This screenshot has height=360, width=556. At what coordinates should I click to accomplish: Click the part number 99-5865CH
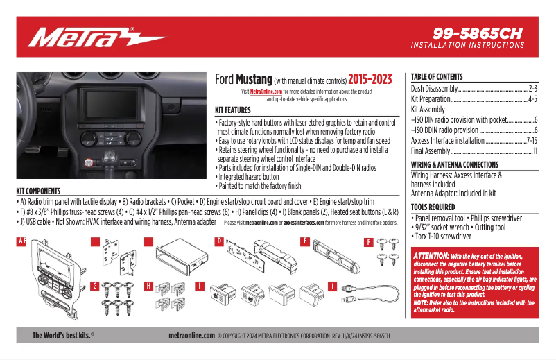pos(478,33)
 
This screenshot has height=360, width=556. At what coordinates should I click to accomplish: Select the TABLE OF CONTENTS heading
pos(437,77)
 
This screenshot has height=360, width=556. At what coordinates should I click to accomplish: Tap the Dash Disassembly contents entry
pos(435,89)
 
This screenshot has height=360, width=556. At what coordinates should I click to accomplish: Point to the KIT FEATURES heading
pos(232,110)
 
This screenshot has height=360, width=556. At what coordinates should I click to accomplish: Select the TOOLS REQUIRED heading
pos(433,207)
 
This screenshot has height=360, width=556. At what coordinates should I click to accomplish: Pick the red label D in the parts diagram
pos(219,241)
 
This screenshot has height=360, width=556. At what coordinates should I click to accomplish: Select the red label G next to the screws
pos(95,286)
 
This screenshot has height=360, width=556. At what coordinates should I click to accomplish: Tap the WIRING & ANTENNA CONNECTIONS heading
pos(455,165)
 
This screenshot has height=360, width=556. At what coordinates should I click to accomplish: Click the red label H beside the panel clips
pos(148,286)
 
